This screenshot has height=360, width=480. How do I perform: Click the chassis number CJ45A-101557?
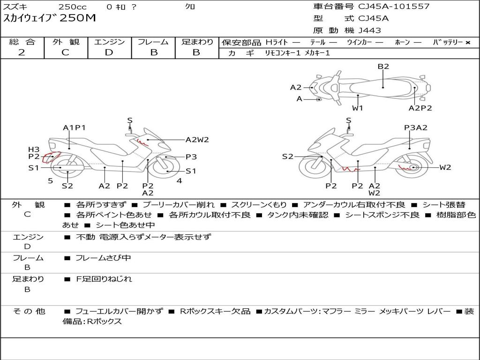394,7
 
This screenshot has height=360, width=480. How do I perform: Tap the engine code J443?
369,30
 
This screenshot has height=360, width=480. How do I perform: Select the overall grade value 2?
22,52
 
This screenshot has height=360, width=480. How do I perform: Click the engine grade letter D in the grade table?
109,52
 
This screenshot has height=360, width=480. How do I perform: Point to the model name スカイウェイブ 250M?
49,18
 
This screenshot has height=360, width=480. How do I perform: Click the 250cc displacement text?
73,7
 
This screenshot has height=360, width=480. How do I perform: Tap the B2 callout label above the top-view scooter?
383,67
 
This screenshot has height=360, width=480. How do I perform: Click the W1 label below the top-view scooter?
357,108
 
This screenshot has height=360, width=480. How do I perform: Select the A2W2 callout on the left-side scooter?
197,140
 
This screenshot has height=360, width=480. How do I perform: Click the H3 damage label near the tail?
34,150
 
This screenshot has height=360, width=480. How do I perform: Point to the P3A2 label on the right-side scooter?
416,127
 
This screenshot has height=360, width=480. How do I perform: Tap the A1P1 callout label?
75,127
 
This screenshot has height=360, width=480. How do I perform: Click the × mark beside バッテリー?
468,43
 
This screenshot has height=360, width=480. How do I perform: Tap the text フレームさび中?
104,258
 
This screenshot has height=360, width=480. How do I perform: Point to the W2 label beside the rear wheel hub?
445,167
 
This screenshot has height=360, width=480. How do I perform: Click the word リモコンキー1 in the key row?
283,53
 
